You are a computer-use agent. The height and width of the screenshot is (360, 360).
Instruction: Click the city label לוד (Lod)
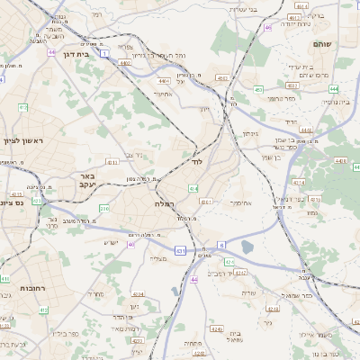(x=197, y=165)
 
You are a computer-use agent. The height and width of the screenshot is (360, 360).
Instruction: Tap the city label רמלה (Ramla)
(x=154, y=206)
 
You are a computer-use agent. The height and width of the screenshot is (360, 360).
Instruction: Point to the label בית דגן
(x=74, y=55)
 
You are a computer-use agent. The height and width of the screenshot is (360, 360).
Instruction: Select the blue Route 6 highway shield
(x=220, y=244)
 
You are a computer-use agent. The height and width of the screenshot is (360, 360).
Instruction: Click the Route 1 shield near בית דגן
(x=104, y=54)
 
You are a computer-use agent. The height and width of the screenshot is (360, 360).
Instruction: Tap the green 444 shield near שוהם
(x=333, y=89)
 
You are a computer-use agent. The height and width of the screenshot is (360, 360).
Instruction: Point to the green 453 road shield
(x=258, y=89)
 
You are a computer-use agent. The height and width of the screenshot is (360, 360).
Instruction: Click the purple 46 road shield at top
(x=267, y=27)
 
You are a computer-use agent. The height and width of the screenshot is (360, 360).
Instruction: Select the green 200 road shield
(x=104, y=209)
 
